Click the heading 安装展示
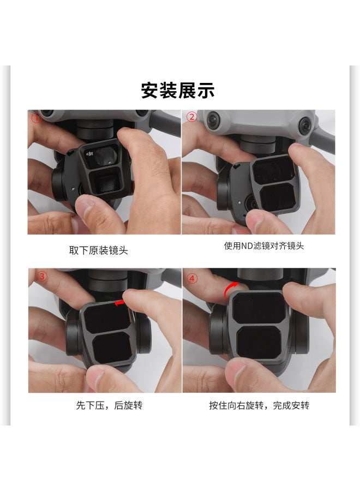click(x=178, y=90)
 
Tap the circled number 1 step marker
click(x=36, y=117)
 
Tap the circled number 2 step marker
click(x=191, y=117)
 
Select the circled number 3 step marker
click(x=41, y=276)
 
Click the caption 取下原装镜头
click(x=99, y=250)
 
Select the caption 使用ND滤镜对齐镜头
click(x=264, y=245)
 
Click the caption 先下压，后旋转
click(x=109, y=406)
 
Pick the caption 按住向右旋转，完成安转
click(x=259, y=406)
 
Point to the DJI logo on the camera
click(x=89, y=157)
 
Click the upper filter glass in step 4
click(x=257, y=308)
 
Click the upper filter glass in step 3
click(x=107, y=319)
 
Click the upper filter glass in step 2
click(x=271, y=169)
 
